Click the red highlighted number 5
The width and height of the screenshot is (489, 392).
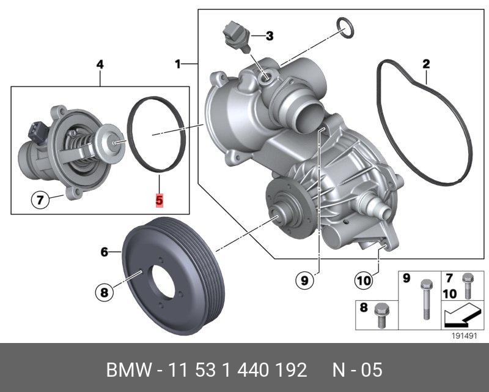click(159, 200)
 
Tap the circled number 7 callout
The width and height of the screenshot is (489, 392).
click(40, 199)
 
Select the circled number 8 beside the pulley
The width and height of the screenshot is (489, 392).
click(104, 292)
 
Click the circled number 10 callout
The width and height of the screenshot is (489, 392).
click(363, 280)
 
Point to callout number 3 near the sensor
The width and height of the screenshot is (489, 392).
click(270, 36)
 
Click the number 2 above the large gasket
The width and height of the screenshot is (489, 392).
click(425, 64)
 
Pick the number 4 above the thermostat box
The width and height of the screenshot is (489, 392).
click(100, 65)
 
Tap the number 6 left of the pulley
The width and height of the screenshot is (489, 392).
click(104, 252)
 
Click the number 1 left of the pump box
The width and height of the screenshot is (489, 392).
click(177, 64)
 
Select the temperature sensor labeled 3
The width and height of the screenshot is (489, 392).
click(237, 37)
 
